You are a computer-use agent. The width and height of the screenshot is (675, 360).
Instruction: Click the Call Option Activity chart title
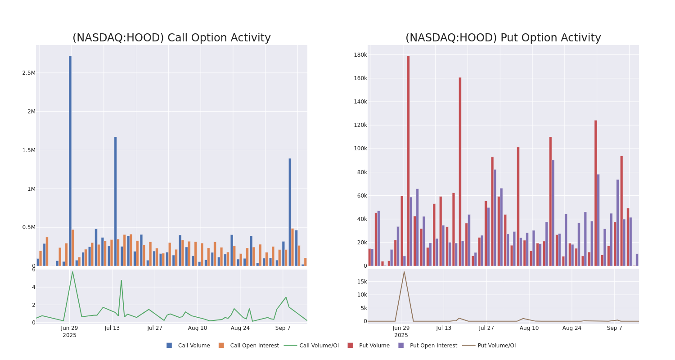[171, 38]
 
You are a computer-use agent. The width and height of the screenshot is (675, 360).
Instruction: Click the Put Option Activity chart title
[503, 38]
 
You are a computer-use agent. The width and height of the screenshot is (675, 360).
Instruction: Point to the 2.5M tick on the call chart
[29, 73]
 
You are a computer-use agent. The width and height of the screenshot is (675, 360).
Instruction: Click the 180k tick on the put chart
[360, 55]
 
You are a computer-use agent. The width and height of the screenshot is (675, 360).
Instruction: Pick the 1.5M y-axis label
[29, 150]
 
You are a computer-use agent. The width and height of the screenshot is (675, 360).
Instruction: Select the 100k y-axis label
[360, 148]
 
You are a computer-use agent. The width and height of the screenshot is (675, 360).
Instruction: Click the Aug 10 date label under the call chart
[198, 328]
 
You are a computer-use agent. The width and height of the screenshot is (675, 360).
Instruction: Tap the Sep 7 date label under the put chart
[614, 328]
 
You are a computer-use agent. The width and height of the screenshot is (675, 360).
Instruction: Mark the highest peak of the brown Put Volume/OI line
[404, 272]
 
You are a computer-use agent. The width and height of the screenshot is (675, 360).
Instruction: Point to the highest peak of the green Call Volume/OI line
[72, 271]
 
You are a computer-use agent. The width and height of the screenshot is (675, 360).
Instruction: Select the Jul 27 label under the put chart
[486, 328]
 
